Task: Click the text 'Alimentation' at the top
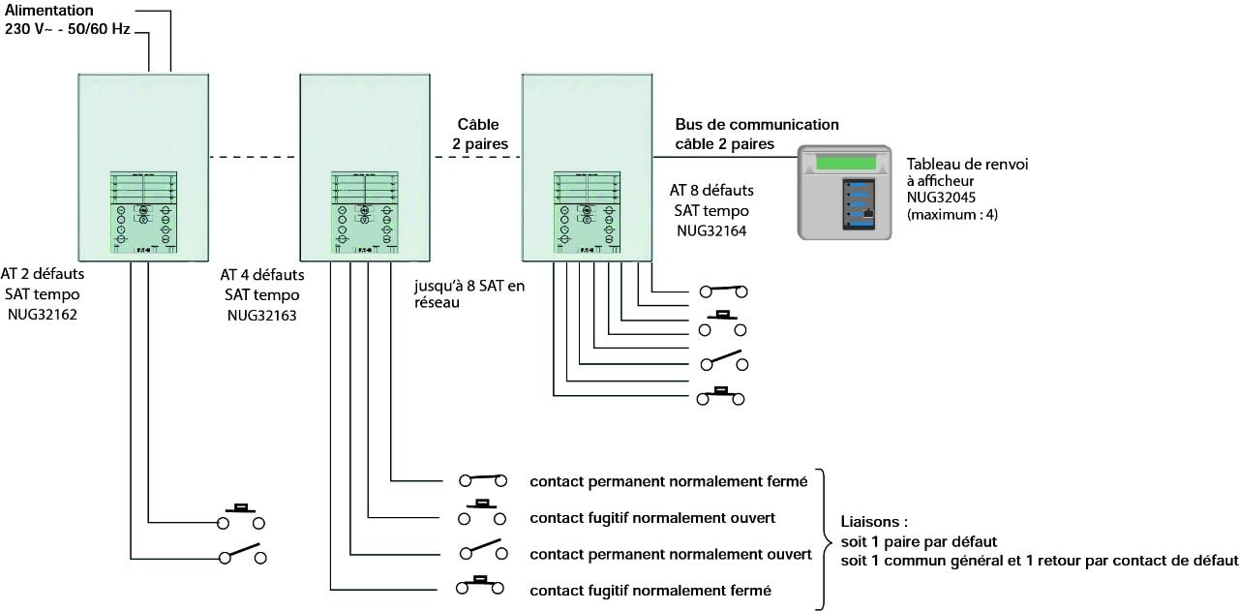[49, 10]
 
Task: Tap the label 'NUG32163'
[261, 315]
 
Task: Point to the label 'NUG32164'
[710, 230]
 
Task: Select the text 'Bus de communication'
[757, 125]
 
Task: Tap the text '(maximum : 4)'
[952, 213]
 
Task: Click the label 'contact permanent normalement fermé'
[668, 481]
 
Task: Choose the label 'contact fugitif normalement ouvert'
[652, 518]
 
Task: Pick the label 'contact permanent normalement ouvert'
[670, 555]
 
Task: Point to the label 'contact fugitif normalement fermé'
[650, 591]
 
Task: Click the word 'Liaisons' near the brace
[869, 523]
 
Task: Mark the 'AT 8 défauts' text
[710, 191]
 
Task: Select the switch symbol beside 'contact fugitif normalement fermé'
[480, 586]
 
